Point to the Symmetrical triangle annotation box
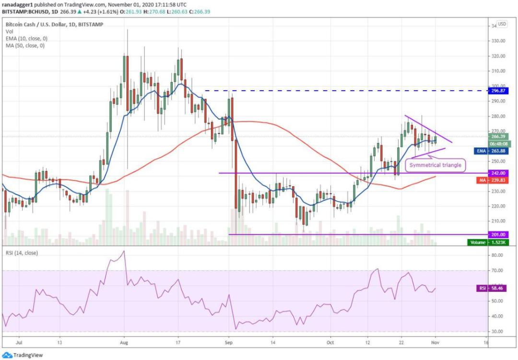(436, 165)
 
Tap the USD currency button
(502, 24)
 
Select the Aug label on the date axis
(124, 343)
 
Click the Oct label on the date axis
(330, 343)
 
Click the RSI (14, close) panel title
(22, 252)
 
